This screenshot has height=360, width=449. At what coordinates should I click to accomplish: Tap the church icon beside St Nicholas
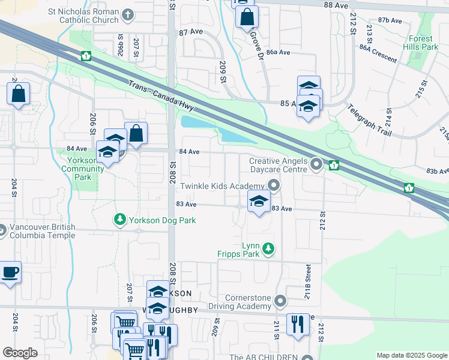(128, 14)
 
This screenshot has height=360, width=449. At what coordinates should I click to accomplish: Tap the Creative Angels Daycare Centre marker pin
(317, 163)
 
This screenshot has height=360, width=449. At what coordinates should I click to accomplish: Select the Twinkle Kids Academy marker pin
(274, 186)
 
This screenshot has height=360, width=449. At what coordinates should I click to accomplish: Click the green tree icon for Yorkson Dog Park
(120, 220)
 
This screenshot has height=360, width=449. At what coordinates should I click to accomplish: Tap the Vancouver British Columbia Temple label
(42, 231)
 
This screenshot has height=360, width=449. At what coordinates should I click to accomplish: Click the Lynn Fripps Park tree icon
(270, 248)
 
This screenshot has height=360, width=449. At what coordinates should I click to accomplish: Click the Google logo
(20, 353)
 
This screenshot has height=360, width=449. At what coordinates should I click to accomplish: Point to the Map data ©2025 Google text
(411, 355)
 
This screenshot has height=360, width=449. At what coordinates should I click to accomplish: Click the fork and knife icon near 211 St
(297, 325)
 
